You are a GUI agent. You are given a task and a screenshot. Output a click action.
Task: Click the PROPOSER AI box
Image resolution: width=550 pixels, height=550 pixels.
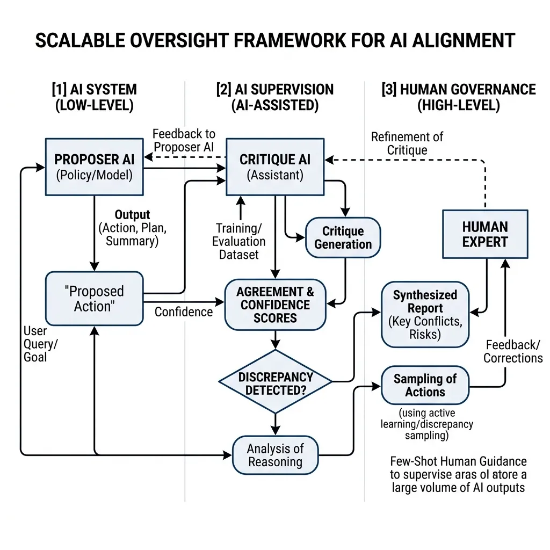point(94,167)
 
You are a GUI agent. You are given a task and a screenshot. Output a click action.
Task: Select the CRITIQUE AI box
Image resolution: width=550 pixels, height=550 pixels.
point(275,167)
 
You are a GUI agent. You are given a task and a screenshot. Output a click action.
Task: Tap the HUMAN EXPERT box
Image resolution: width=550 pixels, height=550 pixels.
point(484,234)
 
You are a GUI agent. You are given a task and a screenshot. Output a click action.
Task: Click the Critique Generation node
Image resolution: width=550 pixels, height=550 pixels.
point(343,238)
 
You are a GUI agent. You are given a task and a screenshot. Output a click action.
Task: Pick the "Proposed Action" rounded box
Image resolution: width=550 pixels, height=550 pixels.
point(94,298)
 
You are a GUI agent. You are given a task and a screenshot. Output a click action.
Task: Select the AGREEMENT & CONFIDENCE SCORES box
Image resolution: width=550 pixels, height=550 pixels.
point(275,305)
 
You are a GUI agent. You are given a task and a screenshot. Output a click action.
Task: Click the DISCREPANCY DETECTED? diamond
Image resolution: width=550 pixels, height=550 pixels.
point(275,382)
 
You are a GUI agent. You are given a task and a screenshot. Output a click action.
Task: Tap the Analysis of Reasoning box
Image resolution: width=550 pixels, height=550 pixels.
point(275,455)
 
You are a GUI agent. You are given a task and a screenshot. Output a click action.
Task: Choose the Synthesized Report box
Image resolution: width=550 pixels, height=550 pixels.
point(425,314)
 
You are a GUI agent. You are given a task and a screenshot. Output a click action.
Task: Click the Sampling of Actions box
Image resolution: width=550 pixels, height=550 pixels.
point(425,385)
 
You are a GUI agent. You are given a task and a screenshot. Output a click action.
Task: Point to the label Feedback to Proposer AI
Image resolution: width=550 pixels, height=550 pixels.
point(184,141)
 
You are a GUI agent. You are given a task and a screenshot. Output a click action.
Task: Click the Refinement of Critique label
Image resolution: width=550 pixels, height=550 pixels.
point(407,143)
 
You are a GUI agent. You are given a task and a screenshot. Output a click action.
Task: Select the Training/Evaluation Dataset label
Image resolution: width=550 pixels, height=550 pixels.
point(238,241)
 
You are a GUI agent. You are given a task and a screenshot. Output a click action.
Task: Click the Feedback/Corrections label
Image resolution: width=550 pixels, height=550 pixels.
point(512,351)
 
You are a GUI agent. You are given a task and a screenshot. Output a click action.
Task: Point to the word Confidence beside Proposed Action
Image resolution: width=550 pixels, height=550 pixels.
point(184,312)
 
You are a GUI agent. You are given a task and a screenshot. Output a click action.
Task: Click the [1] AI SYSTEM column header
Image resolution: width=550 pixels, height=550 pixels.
point(94,97)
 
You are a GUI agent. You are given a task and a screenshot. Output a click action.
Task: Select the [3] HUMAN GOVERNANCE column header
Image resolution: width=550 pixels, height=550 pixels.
point(459,97)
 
